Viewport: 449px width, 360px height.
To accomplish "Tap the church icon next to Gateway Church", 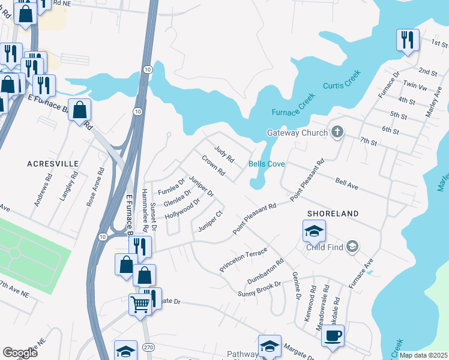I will click(337, 132).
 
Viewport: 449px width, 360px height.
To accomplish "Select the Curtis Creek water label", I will click(342, 86).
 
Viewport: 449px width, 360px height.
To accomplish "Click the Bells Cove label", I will click(267, 164).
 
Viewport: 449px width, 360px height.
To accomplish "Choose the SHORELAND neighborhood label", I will click(333, 214).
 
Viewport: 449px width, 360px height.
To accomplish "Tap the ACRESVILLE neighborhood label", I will click(53, 163).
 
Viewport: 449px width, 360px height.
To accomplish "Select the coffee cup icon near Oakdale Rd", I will click(333, 335).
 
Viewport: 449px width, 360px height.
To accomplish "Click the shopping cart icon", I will click(140, 303).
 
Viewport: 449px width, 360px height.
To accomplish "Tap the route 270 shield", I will click(148, 346).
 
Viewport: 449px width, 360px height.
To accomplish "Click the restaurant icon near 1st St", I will click(407, 40).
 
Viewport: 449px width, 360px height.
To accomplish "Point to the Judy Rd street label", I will click(224, 153).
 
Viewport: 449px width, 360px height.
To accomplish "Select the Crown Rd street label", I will click(213, 166).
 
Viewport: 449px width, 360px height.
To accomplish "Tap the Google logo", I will click(20, 353).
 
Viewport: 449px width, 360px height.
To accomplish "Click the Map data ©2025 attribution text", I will click(423, 355).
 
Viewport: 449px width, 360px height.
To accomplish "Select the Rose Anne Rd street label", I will click(92, 188).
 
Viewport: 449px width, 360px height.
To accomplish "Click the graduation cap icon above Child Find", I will click(314, 230).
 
